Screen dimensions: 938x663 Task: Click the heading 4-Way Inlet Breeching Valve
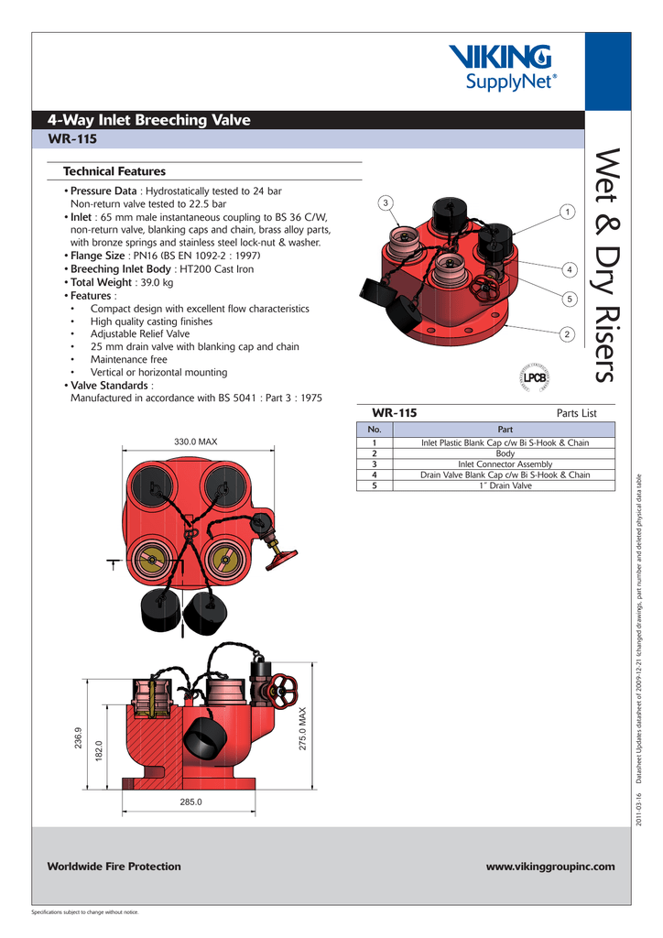click(x=148, y=120)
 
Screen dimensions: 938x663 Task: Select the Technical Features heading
click(x=114, y=171)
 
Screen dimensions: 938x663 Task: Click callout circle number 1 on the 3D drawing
click(x=568, y=213)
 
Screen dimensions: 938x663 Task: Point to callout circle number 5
click(x=568, y=300)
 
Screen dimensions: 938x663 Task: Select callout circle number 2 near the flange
click(x=568, y=333)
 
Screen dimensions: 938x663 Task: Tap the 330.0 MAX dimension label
click(x=196, y=442)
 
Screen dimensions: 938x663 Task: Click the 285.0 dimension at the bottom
click(x=190, y=802)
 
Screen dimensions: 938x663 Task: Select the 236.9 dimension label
click(x=79, y=740)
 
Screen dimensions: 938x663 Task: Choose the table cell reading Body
click(x=505, y=453)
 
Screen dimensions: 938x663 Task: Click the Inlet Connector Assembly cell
click(x=505, y=464)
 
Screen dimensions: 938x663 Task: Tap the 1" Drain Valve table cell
click(x=505, y=485)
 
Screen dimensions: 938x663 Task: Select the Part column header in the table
click(x=505, y=430)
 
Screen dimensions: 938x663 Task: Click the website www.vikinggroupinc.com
click(x=549, y=867)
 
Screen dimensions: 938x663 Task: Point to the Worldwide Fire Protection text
click(x=114, y=867)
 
